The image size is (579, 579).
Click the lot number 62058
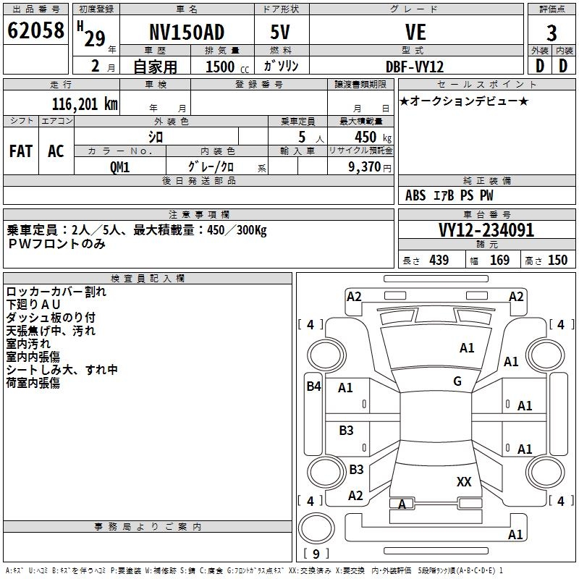click(35, 31)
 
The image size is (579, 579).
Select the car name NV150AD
click(187, 33)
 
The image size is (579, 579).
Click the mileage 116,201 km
click(84, 104)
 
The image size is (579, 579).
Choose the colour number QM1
click(119, 166)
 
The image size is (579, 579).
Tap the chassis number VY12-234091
click(486, 231)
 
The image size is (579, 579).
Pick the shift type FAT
click(21, 151)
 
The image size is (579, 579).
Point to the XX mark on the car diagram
click(464, 481)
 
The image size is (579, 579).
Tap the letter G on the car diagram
click(457, 381)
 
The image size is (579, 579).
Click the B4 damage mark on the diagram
click(313, 386)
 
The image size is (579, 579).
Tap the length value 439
click(439, 261)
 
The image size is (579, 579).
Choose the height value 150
click(557, 261)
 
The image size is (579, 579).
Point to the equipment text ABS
click(415, 195)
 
